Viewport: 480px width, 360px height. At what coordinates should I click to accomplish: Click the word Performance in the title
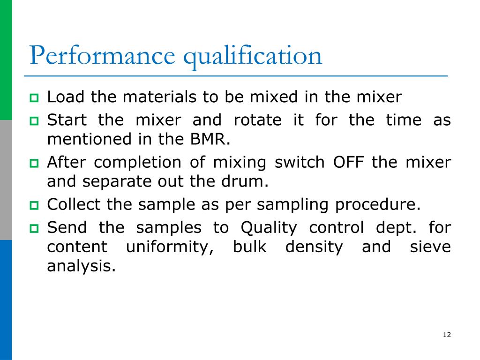click(102, 55)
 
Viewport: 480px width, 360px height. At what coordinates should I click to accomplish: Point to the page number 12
click(446, 334)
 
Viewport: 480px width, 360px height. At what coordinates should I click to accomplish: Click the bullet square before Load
click(35, 98)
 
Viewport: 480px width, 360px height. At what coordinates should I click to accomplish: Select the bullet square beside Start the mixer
click(35, 121)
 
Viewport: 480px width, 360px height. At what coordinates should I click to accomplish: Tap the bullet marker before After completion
click(35, 164)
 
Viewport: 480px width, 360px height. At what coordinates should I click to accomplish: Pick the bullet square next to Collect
click(35, 205)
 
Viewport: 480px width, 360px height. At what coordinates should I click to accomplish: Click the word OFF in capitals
click(348, 163)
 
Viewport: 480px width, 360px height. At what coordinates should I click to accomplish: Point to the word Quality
click(269, 228)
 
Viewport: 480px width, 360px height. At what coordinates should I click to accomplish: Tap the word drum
click(248, 181)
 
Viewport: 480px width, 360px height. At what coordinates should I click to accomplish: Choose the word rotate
click(257, 120)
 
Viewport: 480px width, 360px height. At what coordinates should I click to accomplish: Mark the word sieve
click(430, 247)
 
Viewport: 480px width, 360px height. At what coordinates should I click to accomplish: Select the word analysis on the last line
click(81, 266)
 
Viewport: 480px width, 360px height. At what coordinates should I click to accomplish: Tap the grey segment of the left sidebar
click(6, 180)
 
